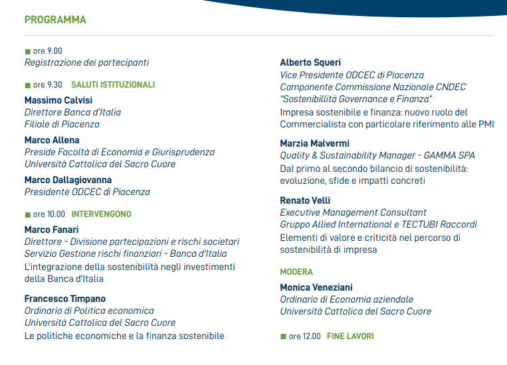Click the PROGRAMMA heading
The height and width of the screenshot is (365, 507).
55,20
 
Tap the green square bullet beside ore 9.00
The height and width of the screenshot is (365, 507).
27,51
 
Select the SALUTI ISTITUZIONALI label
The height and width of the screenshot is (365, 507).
113,85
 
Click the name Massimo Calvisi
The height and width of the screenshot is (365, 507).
58,100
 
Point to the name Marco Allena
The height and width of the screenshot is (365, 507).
52,140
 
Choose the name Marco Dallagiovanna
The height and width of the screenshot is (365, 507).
68,180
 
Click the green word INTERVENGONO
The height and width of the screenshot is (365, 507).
101,214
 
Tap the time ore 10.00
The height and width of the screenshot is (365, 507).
49,214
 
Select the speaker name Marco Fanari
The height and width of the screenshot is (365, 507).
52,230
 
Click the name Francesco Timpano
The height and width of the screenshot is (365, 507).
65,299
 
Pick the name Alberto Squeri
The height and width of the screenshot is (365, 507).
310,62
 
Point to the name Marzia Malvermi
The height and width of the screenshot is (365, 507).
314,143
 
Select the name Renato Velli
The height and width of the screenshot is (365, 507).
305,200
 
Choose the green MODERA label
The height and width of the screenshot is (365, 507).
296,272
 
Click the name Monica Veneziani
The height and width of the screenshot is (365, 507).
316,287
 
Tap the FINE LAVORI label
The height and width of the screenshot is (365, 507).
350,336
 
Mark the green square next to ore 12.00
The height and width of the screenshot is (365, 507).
283,336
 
